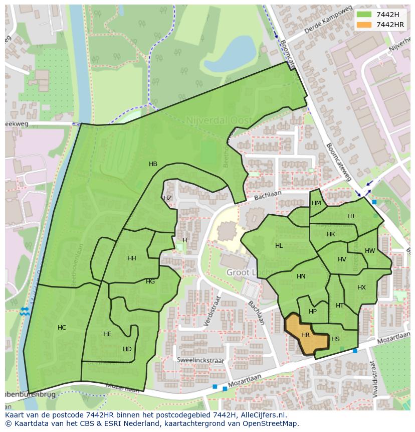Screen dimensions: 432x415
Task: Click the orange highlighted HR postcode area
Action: click(x=306, y=335)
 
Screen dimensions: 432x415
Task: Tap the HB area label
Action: click(x=153, y=164)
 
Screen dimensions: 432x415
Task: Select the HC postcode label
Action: click(x=62, y=328)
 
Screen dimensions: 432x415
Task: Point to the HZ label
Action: click(x=167, y=198)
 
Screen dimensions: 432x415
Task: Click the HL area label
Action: click(x=279, y=246)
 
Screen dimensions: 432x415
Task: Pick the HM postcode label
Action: click(x=316, y=203)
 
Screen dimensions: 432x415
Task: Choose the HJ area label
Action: click(x=351, y=216)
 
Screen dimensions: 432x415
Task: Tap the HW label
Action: click(x=370, y=251)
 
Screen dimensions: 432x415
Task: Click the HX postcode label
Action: click(x=361, y=287)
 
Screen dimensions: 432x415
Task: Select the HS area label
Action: click(x=335, y=340)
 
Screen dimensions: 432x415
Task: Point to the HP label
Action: click(x=313, y=312)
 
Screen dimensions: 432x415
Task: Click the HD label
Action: click(x=127, y=349)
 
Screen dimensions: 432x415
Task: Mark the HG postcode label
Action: click(x=150, y=281)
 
